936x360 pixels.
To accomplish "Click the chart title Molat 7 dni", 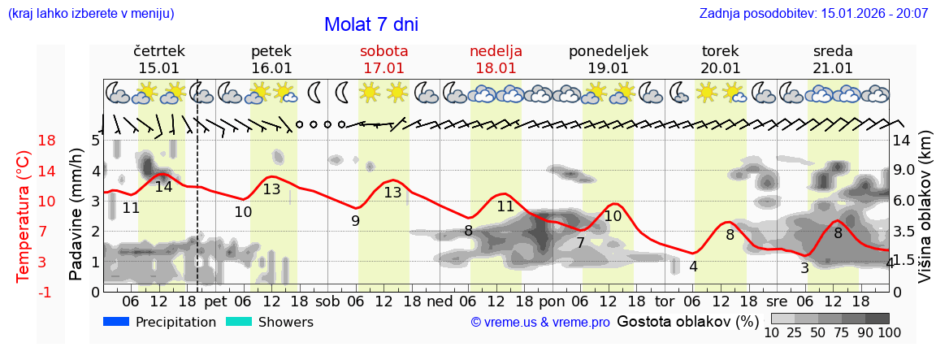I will click(371, 24).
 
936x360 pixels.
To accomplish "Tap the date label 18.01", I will click(496, 68).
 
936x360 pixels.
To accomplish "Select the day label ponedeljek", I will click(608, 50).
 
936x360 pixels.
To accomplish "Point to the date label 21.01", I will click(833, 68).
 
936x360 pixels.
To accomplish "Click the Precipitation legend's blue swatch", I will click(116, 322).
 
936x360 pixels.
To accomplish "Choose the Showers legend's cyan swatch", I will click(238, 322).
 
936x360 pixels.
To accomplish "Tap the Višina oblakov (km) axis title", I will click(924, 215).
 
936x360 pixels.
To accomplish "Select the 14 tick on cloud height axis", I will click(903, 141).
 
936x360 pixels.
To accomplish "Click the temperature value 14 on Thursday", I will click(163, 186).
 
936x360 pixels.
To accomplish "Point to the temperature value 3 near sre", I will click(804, 268).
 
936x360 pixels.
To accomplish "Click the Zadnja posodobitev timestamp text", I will click(813, 14).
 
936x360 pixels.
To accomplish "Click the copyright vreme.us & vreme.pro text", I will click(540, 322).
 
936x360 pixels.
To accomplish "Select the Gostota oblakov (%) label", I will click(687, 321).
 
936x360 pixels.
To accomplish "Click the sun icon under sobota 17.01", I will click(370, 93).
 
